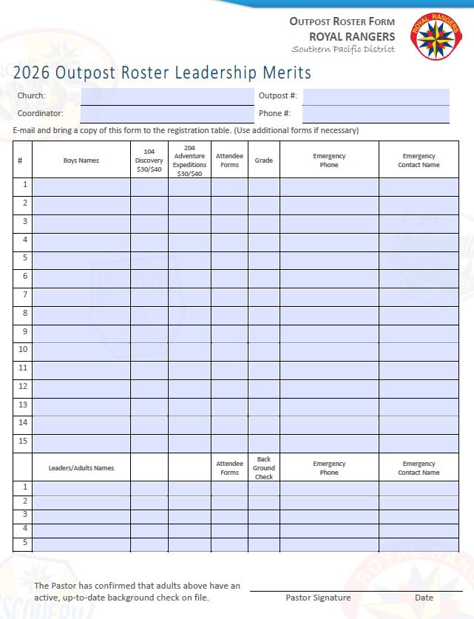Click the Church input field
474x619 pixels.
[166, 96]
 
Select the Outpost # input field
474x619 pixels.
[376, 96]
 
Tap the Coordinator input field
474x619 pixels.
[166, 114]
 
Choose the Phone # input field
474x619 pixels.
[376, 114]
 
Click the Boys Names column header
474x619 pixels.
[81, 160]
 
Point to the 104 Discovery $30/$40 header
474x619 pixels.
[149, 160]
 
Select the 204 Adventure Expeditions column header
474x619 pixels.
[189, 160]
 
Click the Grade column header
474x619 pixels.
[263, 160]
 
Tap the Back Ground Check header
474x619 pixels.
[263, 468]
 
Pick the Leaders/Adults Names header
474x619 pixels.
[81, 468]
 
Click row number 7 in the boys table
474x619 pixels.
[24, 294]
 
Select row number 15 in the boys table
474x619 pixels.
[24, 442]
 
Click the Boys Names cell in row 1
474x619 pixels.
[81, 186]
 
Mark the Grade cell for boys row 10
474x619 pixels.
[263, 350]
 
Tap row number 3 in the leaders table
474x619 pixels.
[24, 515]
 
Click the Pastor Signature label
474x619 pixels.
[318, 598]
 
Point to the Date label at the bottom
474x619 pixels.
[424, 598]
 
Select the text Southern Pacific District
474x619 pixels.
[343, 50]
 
